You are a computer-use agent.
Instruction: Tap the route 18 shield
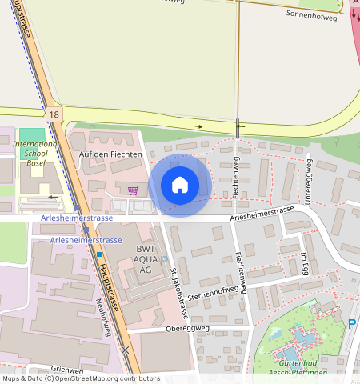(x=54, y=115)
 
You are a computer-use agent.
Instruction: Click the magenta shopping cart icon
(x=133, y=190)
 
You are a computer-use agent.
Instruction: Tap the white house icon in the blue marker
(x=180, y=185)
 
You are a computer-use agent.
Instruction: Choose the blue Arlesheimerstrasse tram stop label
(x=86, y=240)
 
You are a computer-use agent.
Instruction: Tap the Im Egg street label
(x=305, y=265)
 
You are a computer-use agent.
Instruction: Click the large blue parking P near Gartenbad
(x=352, y=324)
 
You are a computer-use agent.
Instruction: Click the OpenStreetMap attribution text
(x=80, y=378)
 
